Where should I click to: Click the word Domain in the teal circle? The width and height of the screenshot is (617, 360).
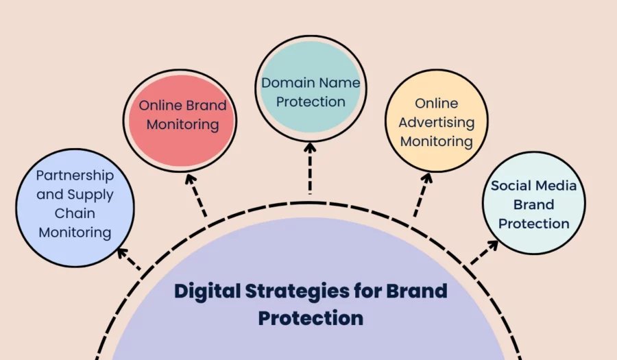285,83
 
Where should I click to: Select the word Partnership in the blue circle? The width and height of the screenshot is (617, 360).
75,176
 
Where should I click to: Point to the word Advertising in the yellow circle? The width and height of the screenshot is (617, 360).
437,123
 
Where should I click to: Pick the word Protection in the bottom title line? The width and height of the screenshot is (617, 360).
311,318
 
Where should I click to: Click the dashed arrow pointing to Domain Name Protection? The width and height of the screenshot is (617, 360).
310,168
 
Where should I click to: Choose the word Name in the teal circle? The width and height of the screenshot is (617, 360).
340,83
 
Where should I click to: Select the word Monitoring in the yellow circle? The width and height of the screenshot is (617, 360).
437,141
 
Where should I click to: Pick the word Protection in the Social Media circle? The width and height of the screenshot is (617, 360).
534,224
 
